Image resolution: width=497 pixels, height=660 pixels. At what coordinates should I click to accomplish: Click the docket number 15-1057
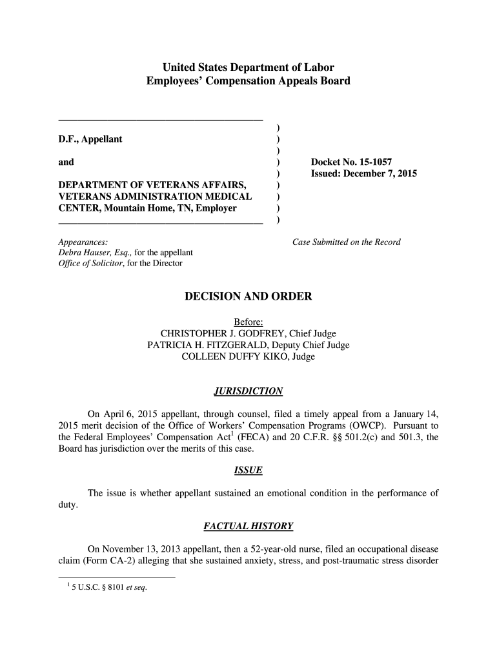point(373,162)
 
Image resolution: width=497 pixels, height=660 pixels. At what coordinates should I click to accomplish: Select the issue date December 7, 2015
point(383,174)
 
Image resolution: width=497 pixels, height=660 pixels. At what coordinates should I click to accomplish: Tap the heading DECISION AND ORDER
point(249,296)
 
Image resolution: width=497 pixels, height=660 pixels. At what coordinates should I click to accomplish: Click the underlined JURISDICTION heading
point(248,391)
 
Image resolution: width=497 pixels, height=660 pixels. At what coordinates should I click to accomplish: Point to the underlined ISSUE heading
point(248,471)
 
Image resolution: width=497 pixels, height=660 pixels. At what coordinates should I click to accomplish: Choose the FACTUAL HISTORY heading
point(248,527)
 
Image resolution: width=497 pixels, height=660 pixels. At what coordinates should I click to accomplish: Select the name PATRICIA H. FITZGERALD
point(207,345)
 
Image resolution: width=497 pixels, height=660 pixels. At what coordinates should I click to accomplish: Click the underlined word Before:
point(248,322)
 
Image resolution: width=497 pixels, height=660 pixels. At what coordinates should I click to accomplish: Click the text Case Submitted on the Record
point(347,242)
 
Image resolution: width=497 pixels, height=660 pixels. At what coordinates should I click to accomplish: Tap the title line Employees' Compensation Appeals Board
point(249,81)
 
